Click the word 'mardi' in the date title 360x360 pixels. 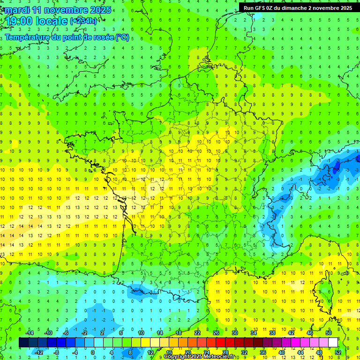(x=17, y=10)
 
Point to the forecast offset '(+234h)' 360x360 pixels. (x=83, y=21)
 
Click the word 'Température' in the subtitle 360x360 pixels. (x=27, y=37)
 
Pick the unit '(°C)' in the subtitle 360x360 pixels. (x=122, y=37)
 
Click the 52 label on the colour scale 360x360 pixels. (x=337, y=352)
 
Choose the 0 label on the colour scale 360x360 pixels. (x=92, y=352)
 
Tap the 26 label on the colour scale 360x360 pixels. (x=216, y=332)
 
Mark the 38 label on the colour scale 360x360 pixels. (x=272, y=332)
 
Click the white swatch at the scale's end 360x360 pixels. (x=333, y=343)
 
